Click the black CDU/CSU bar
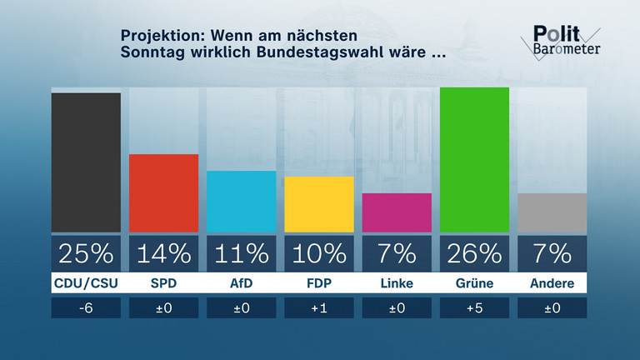tap(86, 162)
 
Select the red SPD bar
tap(163, 193)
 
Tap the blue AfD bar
tap(241, 202)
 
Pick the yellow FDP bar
tap(319, 204)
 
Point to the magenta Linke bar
tap(397, 212)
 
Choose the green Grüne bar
tap(474, 159)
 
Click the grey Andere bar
tap(552, 212)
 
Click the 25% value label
tap(86, 252)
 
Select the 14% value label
tap(163, 252)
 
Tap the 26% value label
tap(474, 252)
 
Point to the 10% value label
tap(319, 252)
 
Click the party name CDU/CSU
tap(86, 283)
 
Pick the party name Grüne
tap(474, 283)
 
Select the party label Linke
tap(397, 283)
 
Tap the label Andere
tap(552, 283)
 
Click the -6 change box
tap(86, 307)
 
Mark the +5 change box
tap(474, 307)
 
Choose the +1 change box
tap(319, 307)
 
